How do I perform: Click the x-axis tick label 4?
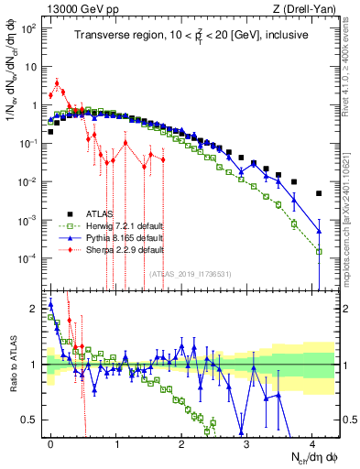[x=312, y=441]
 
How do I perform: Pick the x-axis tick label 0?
[x=50, y=441]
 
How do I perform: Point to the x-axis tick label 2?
[x=181, y=441]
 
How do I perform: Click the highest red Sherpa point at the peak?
[x=57, y=83]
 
